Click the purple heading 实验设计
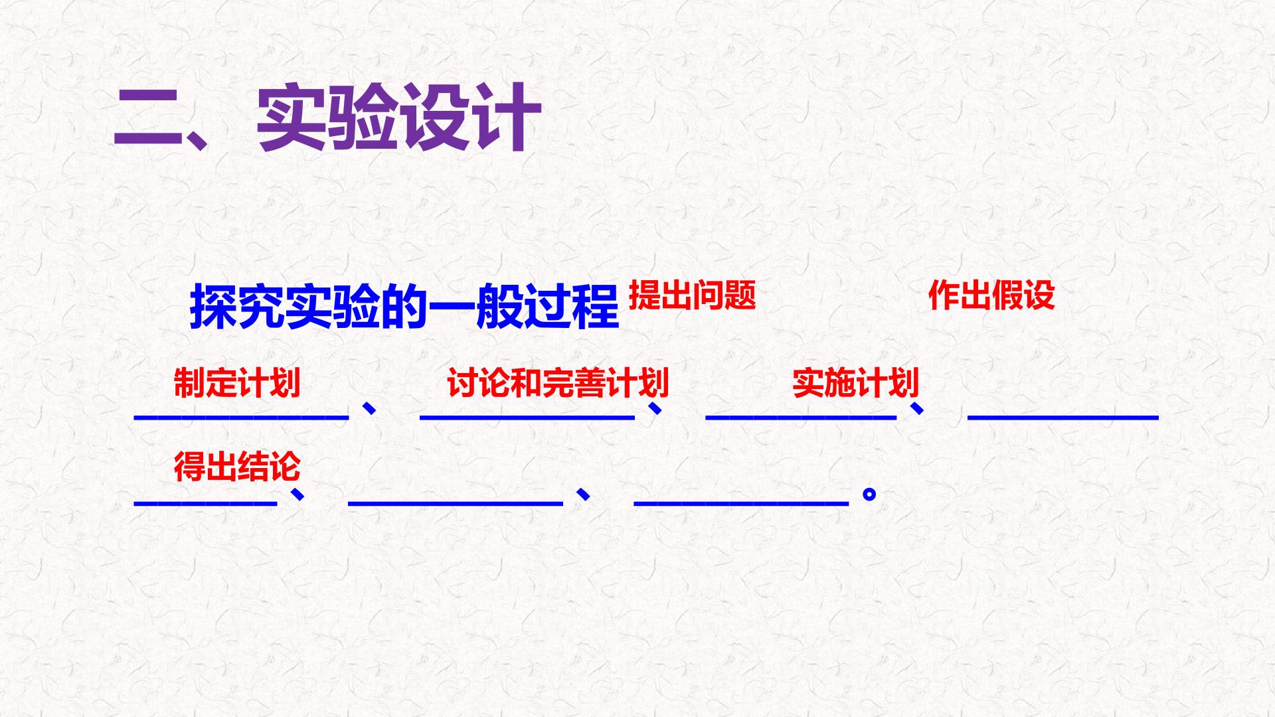[399, 118]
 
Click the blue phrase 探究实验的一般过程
[404, 307]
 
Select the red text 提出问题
[692, 295]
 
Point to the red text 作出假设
[991, 295]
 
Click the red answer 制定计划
[237, 382]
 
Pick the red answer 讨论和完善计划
[558, 382]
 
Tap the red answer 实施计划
[856, 382]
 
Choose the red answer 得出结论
[237, 466]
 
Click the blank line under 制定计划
[242, 417]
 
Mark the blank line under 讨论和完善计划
[527, 417]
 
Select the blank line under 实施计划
[801, 417]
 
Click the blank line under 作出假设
[1063, 417]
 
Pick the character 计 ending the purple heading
[507, 118]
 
